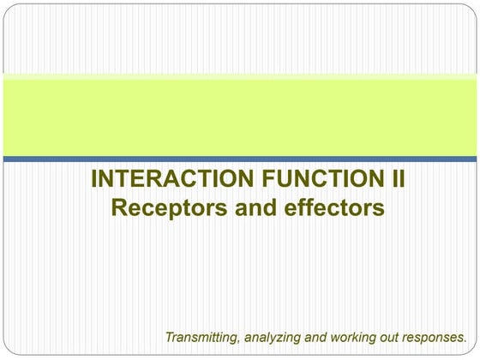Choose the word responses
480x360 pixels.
pyautogui.click(x=435, y=336)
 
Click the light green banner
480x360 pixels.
pyautogui.click(x=240, y=116)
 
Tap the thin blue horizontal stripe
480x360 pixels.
pyautogui.click(x=240, y=159)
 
